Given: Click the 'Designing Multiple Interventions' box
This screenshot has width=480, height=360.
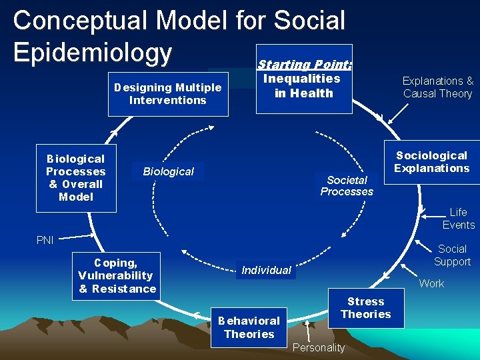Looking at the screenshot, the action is tap(168, 94).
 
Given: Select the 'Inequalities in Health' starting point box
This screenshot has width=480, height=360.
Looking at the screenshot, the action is tap(303, 86).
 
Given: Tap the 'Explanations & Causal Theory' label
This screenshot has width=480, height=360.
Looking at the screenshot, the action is tap(437, 87).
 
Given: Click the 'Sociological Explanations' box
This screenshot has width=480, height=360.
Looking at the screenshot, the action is tap(431, 162).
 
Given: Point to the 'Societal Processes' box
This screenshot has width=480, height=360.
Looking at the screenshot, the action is tap(347, 186).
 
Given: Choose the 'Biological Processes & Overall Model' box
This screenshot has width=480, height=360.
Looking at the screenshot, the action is tap(76, 178).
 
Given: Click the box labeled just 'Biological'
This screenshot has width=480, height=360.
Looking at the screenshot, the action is tap(168, 171).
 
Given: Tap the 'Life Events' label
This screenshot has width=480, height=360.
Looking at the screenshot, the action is tap(458, 219).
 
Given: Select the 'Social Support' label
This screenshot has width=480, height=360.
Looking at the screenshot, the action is tap(452, 255).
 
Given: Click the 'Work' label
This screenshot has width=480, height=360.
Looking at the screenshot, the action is tap(431, 284).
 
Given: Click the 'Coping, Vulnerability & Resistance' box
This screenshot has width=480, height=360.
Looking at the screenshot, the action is tap(117, 276).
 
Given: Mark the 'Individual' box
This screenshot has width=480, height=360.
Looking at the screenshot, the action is tap(266, 270).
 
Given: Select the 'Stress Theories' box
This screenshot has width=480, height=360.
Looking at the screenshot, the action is tap(366, 308).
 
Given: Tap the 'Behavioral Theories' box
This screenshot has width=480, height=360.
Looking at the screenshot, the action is tap(249, 327).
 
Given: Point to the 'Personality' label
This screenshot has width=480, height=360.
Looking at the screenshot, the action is tap(319, 347).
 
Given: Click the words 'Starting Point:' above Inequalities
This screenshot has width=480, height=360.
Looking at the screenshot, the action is tap(305, 65).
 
